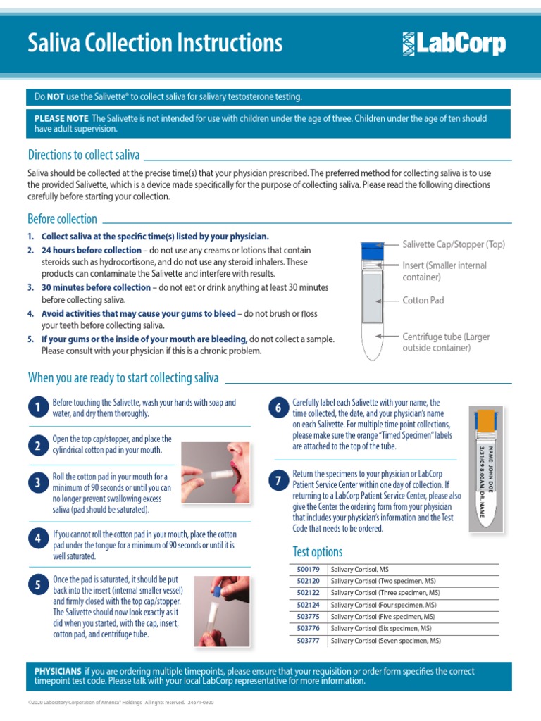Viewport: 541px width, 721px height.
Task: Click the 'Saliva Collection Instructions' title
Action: tap(155, 44)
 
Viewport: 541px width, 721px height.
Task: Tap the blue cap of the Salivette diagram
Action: tap(372, 248)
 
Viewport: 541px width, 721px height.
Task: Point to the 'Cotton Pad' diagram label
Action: tap(423, 301)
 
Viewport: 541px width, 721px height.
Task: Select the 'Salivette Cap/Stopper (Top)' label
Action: tap(454, 244)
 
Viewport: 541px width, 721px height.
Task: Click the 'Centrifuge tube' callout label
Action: tap(445, 342)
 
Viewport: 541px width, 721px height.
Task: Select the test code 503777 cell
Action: tap(308, 641)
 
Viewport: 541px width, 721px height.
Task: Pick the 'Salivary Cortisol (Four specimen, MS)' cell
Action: tap(383, 605)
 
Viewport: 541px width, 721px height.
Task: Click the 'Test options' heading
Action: tap(317, 551)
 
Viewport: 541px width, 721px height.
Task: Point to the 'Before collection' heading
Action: tap(62, 219)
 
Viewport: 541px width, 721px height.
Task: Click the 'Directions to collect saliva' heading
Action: tap(83, 155)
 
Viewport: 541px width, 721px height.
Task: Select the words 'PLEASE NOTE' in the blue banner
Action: tap(61, 118)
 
